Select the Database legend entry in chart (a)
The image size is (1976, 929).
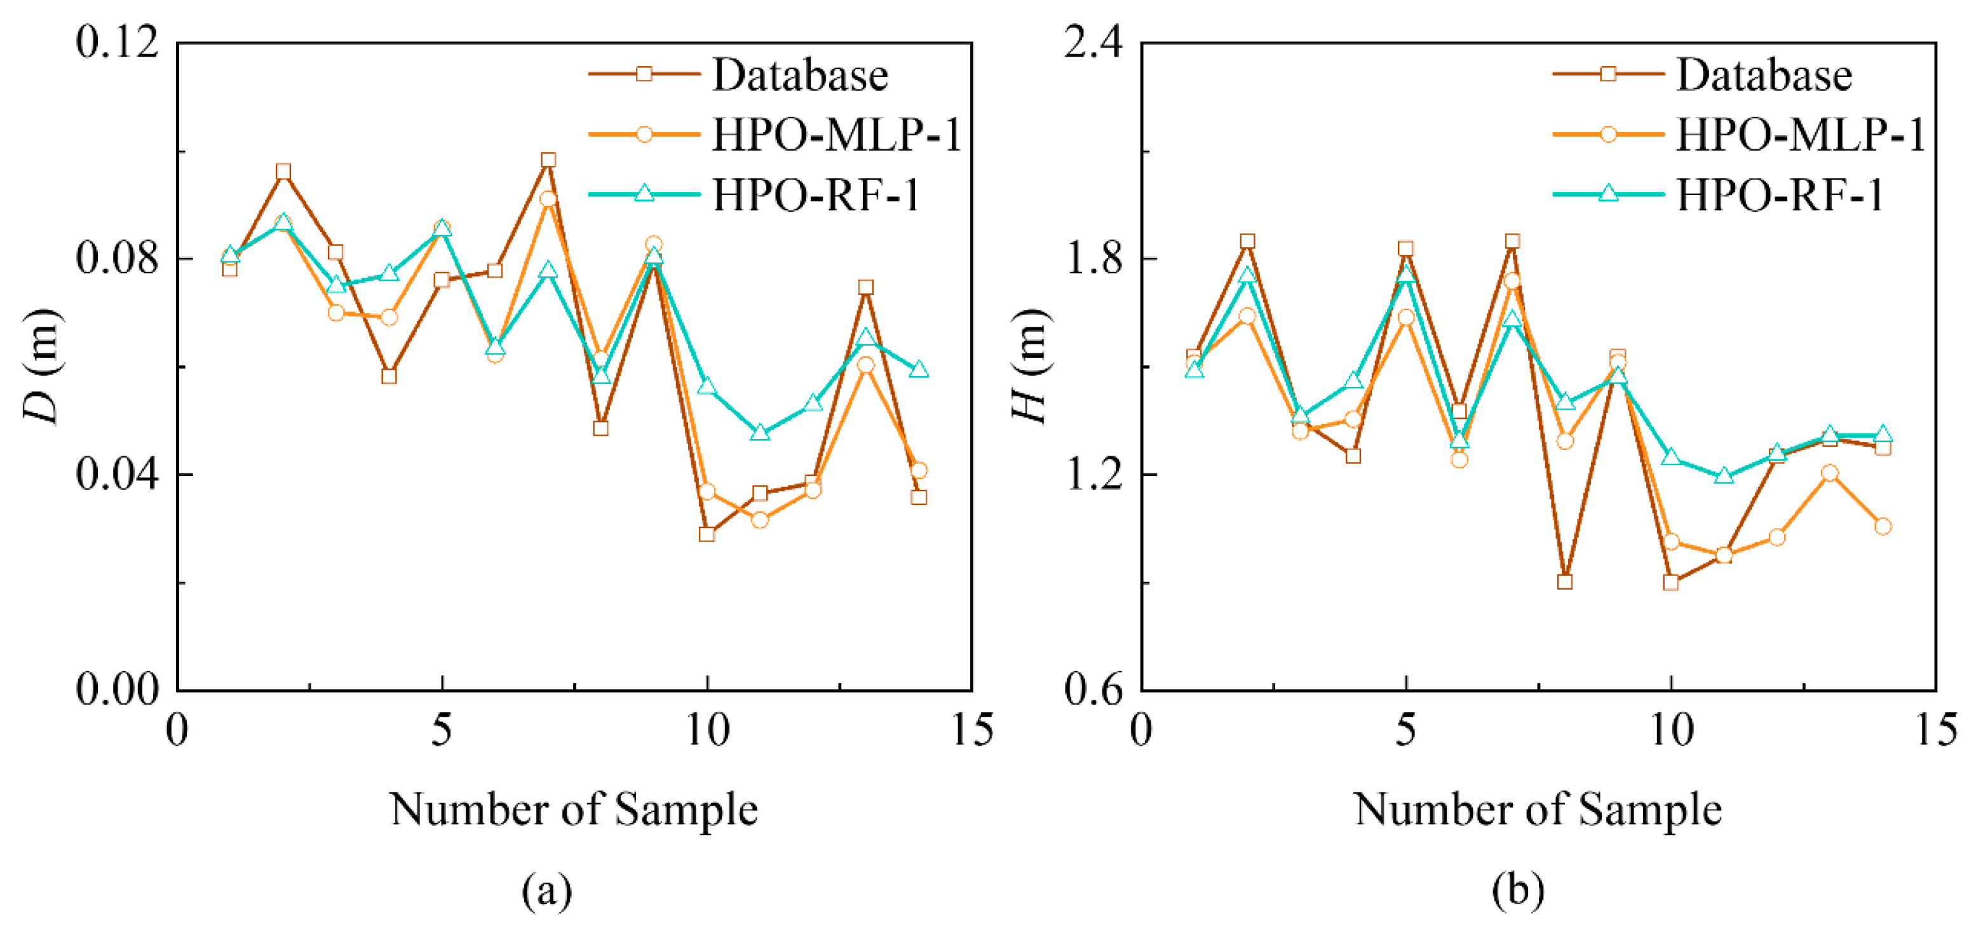[x=799, y=74]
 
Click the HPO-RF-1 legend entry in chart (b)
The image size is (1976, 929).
[x=1780, y=195]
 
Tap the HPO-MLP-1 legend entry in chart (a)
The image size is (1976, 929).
[x=836, y=135]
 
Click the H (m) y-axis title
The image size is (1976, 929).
[x=1029, y=366]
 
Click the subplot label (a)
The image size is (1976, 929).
[x=547, y=891]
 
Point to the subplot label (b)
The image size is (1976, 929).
[x=1517, y=891]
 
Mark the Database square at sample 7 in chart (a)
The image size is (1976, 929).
[x=548, y=160]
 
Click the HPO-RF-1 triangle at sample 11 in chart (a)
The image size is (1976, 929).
[x=759, y=433]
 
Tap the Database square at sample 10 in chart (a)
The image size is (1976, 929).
[x=707, y=534]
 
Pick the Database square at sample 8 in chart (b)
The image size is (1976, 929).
[x=1565, y=581]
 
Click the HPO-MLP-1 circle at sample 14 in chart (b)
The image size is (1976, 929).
[x=1883, y=526]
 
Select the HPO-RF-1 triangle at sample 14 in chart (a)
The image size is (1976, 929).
[x=919, y=370]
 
